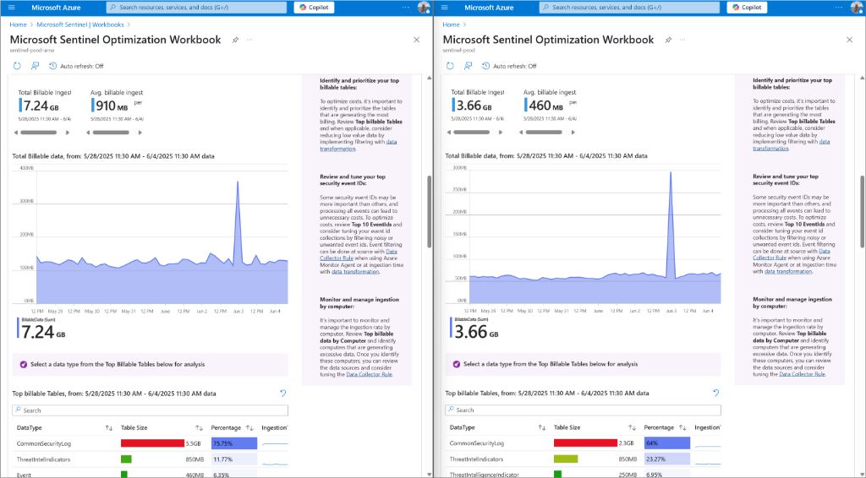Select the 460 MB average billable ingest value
pos(544,106)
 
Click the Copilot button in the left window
pos(315,8)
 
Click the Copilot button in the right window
pos(747,8)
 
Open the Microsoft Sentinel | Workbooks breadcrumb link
pos(80,24)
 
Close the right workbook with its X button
pos(848,40)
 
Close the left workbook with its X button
pos(416,40)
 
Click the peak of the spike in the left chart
pos(237,182)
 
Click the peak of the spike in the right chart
pos(671,172)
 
